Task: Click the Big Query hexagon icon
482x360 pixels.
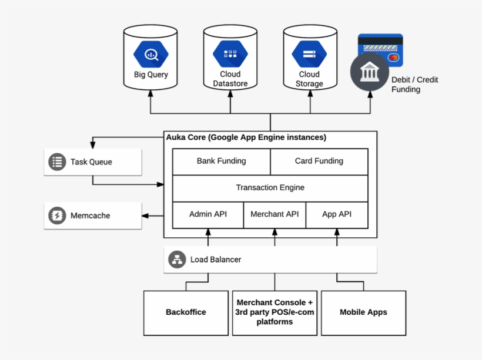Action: (150, 54)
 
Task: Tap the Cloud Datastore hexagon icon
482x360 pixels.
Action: (230, 55)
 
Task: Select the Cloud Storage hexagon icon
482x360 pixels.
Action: (309, 55)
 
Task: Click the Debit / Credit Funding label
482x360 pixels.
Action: (414, 85)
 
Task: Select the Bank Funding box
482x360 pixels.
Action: (221, 162)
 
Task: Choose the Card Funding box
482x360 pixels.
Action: (319, 162)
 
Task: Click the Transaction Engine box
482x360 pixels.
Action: (270, 188)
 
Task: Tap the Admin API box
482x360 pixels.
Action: (207, 214)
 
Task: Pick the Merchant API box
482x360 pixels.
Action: (275, 214)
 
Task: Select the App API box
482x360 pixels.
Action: (337, 214)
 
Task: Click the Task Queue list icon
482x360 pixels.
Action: (57, 162)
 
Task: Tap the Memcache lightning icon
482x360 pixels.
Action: (57, 216)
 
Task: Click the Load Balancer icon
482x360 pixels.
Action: (177, 260)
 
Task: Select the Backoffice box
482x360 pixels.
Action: (186, 312)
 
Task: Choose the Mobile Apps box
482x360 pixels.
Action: (363, 312)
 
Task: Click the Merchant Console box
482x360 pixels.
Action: (275, 312)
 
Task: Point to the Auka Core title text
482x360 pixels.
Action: (246, 137)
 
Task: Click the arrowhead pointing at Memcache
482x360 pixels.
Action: (145, 216)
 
